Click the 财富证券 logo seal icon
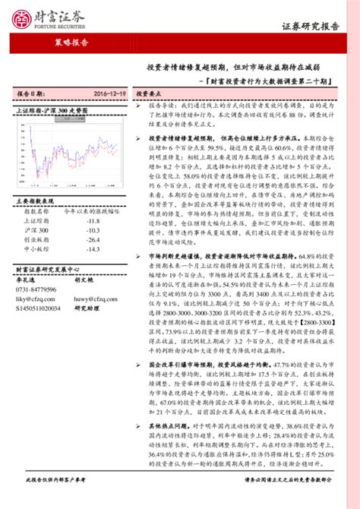click(24, 14)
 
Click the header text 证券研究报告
click(311, 26)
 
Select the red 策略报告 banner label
click(72, 43)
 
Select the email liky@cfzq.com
click(36, 300)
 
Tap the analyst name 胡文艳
click(84, 280)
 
